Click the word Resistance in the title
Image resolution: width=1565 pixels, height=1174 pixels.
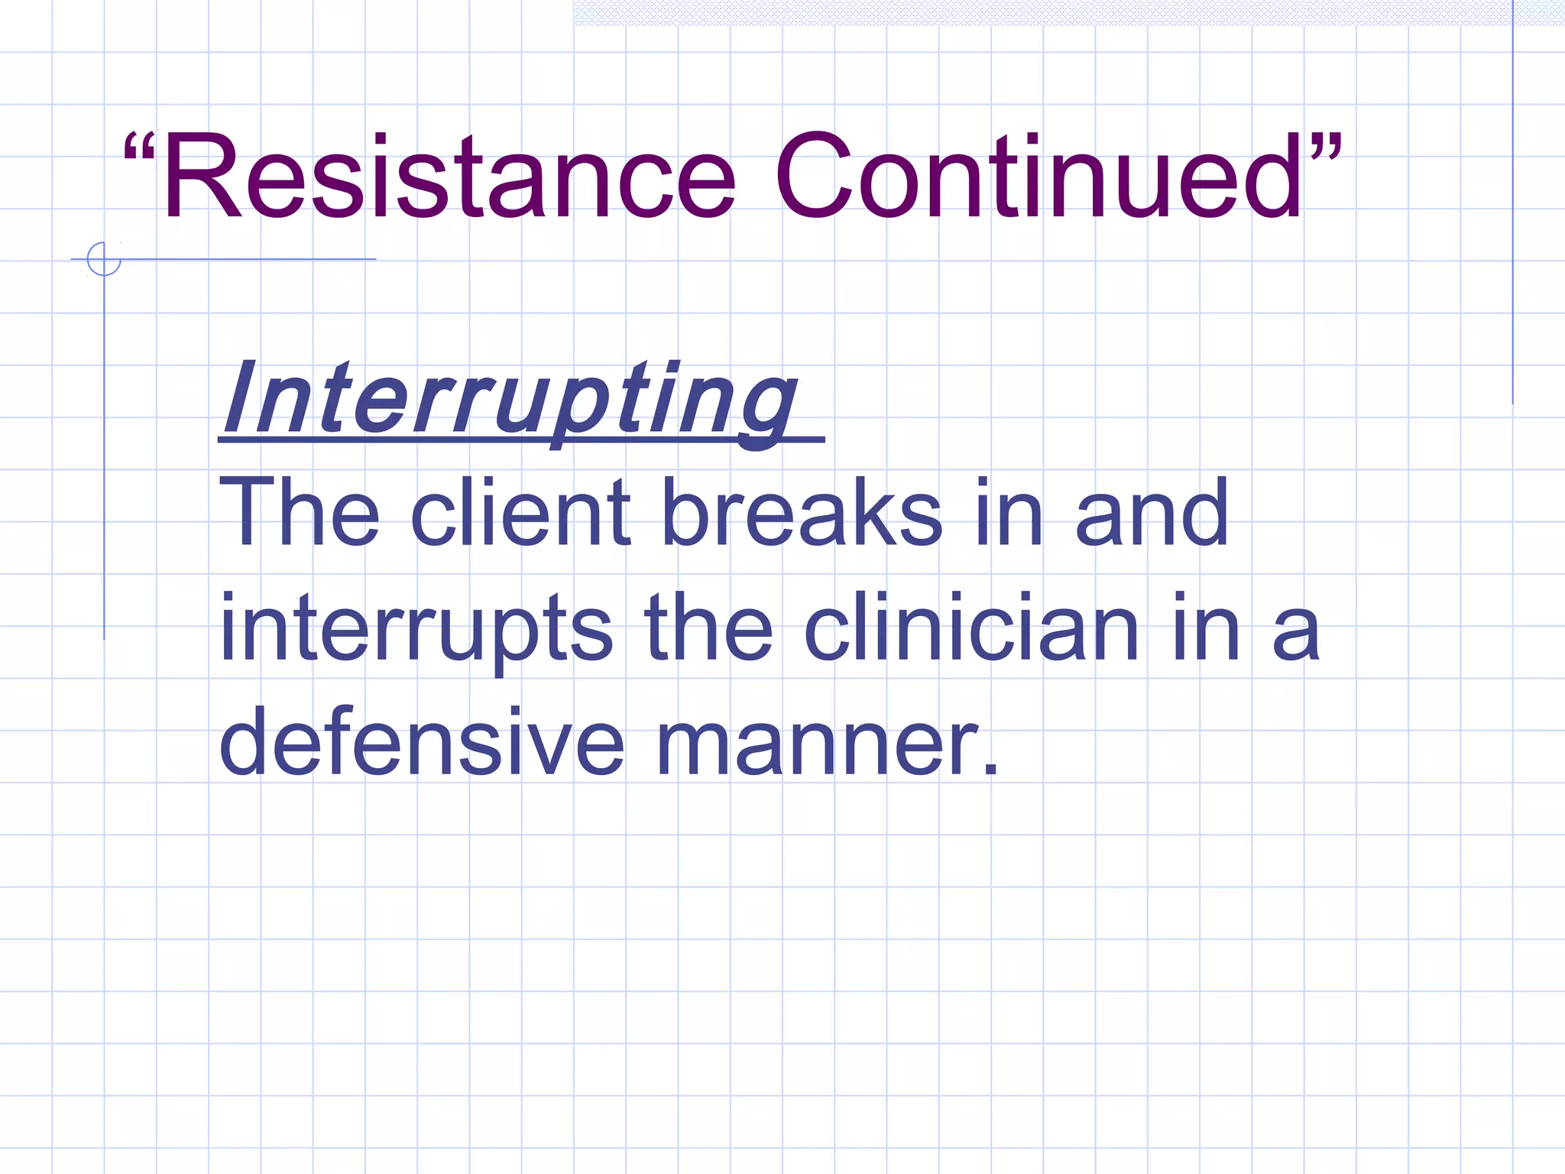click(x=448, y=177)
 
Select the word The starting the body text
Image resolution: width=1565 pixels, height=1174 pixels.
click(x=299, y=512)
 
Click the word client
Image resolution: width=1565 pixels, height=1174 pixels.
click(x=520, y=512)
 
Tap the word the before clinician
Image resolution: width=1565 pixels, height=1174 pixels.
click(x=708, y=628)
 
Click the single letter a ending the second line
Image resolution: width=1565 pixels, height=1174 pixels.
click(x=1296, y=634)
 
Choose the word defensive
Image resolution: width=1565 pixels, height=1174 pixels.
click(x=421, y=741)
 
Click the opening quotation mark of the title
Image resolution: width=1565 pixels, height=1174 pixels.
click(x=139, y=149)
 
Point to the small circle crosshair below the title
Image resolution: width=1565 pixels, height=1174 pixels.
click(x=104, y=259)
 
